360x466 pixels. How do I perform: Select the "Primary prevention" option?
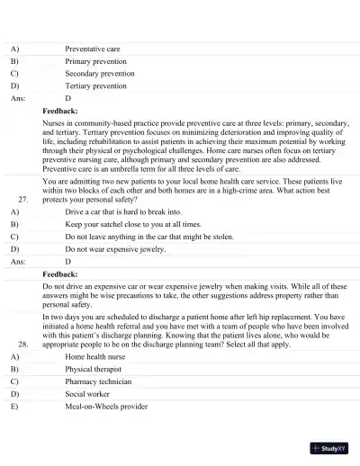(x=95, y=61)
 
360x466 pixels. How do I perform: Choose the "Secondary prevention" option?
(x=99, y=74)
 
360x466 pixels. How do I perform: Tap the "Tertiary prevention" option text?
(x=95, y=86)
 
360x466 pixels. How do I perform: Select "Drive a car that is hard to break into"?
(x=121, y=211)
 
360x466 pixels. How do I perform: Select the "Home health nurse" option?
(x=94, y=356)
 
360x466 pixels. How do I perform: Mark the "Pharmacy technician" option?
(x=98, y=381)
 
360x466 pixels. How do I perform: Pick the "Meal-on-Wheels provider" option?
(x=106, y=407)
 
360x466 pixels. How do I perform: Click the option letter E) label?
(x=14, y=407)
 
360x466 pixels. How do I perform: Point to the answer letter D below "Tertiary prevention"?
(x=68, y=98)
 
